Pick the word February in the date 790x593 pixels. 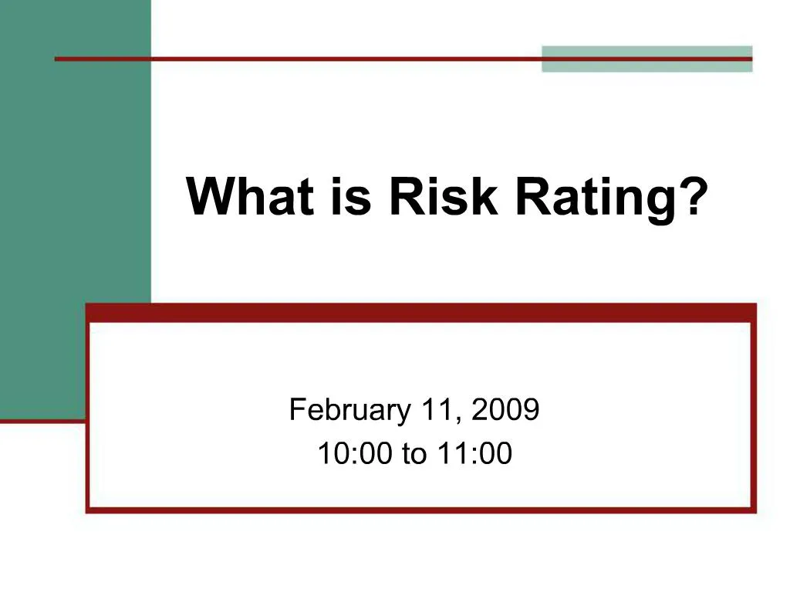(349, 410)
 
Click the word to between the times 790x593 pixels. (414, 455)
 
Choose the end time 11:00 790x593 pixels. (474, 454)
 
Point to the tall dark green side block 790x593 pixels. (75, 193)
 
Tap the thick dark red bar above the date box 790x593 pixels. (420, 312)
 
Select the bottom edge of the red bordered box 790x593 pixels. (420, 509)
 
